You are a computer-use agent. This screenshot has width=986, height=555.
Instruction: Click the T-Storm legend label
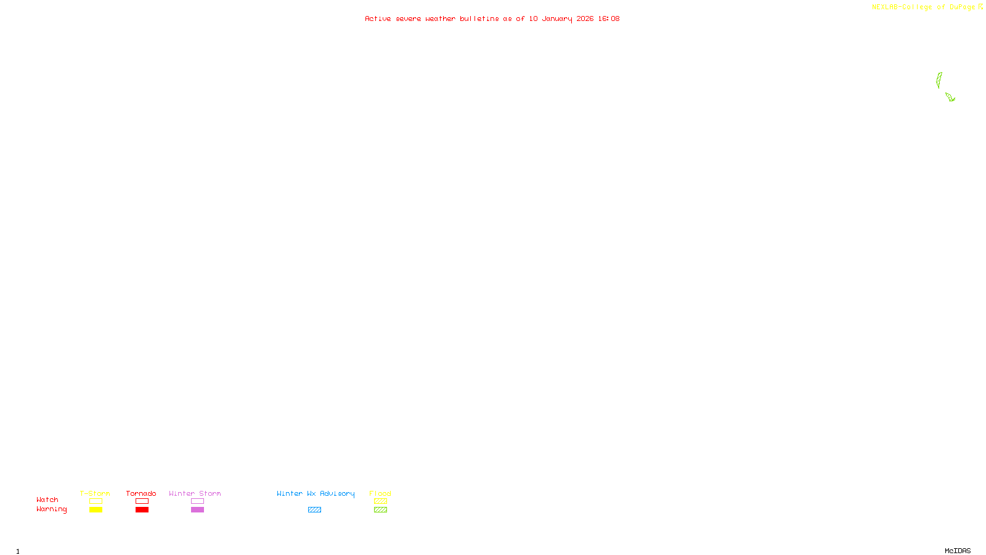coord(95,493)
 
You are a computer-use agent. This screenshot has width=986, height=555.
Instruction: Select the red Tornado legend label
coord(141,493)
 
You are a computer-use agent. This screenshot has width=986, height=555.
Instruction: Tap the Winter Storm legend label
coord(195,493)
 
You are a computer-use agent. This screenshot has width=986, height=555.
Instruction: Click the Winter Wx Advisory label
coord(316,493)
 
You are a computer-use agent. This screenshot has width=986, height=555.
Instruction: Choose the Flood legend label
coord(380,493)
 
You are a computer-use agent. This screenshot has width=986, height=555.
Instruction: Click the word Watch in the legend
coord(47,499)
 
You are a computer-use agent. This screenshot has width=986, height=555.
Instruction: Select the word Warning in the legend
coord(51,509)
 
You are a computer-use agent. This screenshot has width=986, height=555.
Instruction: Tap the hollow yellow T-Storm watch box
coord(96,501)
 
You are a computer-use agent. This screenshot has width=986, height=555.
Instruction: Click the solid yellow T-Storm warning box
coord(96,510)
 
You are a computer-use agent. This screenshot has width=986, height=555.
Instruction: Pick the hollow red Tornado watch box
coord(142,501)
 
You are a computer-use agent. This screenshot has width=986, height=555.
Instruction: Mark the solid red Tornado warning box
coord(142,510)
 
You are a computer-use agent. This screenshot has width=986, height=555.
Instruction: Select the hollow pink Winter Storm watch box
coord(197,501)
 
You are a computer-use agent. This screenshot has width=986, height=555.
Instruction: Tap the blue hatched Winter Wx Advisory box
coord(314,510)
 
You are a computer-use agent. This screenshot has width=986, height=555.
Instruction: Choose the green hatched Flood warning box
coord(380,510)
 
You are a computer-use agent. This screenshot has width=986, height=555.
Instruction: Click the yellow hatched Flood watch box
coord(380,501)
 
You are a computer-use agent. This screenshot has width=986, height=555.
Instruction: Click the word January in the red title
coord(557,18)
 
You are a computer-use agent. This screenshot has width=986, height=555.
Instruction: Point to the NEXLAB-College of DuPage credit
coord(924,7)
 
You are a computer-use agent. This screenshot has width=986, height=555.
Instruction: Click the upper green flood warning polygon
coord(939,80)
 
